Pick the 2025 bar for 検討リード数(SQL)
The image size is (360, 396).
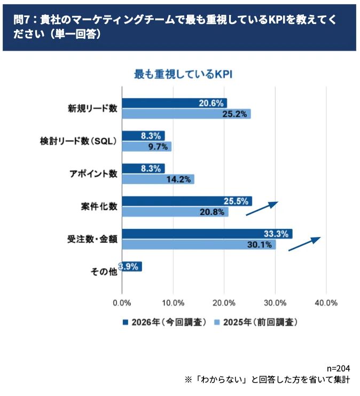tap(146, 146)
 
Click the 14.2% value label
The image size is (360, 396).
tap(179, 179)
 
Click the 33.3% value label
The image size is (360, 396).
tap(276, 234)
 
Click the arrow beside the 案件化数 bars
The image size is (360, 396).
tap(262, 208)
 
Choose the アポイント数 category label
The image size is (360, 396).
tap(93, 174)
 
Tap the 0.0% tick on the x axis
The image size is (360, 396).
tap(122, 303)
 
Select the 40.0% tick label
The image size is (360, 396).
tap(326, 303)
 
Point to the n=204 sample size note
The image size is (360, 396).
tap(338, 369)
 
